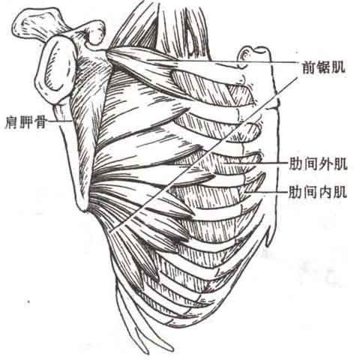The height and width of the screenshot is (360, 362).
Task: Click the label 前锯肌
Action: tap(324, 67)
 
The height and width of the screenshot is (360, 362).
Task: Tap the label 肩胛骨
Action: tap(25, 122)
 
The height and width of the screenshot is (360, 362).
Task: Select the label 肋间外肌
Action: tap(318, 163)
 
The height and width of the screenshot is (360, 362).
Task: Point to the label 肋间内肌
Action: tap(318, 192)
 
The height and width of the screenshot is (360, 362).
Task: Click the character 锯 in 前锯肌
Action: tap(324, 67)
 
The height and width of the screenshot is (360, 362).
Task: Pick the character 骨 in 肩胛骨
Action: tap(40, 122)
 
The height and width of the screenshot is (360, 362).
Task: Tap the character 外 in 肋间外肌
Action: tap(325, 163)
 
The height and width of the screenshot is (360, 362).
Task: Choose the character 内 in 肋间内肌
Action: tap(325, 192)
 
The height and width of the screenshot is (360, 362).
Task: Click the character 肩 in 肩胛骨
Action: tap(11, 122)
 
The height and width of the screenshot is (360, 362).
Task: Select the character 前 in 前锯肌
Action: tap(309, 67)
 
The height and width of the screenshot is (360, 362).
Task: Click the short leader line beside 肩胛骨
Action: tap(59, 121)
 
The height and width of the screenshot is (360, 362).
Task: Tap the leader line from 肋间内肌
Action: tap(266, 192)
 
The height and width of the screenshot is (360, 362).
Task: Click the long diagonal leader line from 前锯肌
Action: tap(204, 155)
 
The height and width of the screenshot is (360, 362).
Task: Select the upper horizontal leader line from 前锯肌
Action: tap(223, 61)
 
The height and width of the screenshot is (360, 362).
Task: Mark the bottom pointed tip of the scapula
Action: tap(84, 209)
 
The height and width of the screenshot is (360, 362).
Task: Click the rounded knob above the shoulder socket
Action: tap(96, 34)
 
